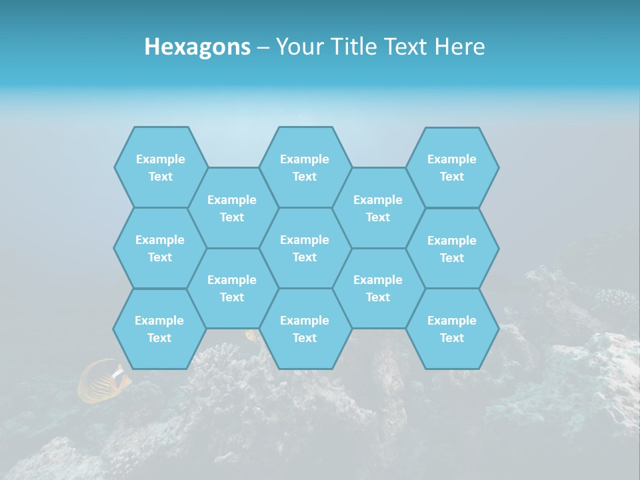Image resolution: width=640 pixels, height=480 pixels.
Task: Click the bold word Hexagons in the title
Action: point(197,47)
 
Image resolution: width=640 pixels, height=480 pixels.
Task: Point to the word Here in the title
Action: point(459,47)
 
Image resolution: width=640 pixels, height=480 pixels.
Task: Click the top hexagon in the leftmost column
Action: point(161,167)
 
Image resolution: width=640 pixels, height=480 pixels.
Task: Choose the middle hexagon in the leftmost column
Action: point(160,248)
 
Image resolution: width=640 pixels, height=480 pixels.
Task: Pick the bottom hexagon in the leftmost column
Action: point(159,329)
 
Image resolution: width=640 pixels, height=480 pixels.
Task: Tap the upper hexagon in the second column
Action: point(232,208)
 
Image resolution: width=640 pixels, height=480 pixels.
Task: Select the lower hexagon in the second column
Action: point(232,288)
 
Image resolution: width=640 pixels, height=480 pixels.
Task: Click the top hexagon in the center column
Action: point(305,167)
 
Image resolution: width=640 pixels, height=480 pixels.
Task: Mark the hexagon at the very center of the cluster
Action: point(305,248)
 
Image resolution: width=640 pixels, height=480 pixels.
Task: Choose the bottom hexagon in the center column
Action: point(305,329)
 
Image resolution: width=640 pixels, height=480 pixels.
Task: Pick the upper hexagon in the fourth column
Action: point(378,208)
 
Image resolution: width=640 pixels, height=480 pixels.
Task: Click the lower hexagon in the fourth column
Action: point(378,288)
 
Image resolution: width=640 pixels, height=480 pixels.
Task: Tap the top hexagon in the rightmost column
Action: point(452,167)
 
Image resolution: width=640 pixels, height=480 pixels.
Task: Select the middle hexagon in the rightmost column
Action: point(452,249)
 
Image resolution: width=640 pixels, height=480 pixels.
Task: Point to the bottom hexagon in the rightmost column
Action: point(452,329)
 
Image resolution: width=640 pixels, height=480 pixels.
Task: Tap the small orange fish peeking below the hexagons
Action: point(252,335)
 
